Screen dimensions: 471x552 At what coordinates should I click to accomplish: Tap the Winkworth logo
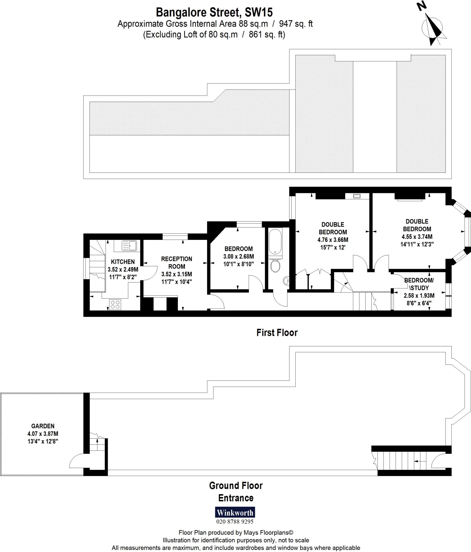(235, 512)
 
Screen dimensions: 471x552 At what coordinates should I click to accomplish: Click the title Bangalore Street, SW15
(214, 12)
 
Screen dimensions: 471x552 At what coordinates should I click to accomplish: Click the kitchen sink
(130, 246)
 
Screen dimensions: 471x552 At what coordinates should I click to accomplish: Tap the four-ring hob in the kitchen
(115, 305)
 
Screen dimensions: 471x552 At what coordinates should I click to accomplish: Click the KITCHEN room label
(123, 262)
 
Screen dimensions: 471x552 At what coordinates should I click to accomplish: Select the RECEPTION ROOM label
(176, 263)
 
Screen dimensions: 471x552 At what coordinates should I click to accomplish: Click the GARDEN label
(43, 426)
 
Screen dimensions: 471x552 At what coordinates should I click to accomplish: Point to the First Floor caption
(277, 333)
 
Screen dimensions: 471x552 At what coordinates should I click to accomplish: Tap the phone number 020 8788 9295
(235, 522)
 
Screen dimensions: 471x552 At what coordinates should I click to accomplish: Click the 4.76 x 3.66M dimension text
(333, 240)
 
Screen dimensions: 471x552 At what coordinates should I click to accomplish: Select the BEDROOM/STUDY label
(419, 284)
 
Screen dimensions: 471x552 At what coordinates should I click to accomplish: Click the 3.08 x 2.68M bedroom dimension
(238, 256)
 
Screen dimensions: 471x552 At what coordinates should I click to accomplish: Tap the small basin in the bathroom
(286, 281)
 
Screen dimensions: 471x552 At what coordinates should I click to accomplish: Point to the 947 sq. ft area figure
(296, 24)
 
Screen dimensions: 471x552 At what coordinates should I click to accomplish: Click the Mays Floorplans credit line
(236, 533)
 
